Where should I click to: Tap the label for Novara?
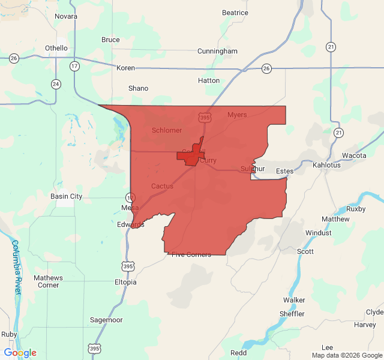(x=66, y=16)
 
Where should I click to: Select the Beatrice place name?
(x=235, y=13)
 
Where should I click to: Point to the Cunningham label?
(x=217, y=52)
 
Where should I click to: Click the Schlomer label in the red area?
(x=167, y=130)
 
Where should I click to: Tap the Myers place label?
(x=237, y=115)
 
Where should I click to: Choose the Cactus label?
(x=162, y=186)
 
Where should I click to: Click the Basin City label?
(x=67, y=196)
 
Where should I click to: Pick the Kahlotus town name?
(x=326, y=165)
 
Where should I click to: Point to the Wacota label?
(x=354, y=155)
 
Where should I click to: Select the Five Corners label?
(x=191, y=254)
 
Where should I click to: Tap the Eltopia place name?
(x=125, y=282)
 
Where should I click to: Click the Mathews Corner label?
(x=47, y=281)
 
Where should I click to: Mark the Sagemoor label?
(x=106, y=320)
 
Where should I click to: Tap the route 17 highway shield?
(x=74, y=66)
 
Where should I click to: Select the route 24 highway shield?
(x=56, y=84)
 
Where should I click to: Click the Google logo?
(x=20, y=353)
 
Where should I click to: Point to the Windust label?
(x=318, y=233)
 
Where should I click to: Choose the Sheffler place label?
(x=292, y=314)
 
